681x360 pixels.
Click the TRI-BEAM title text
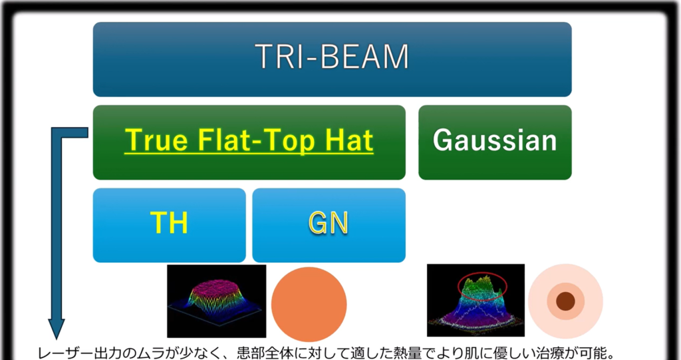(x=332, y=56)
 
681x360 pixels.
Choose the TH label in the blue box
(x=169, y=223)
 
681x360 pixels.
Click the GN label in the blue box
(x=329, y=223)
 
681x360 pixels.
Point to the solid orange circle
(x=309, y=304)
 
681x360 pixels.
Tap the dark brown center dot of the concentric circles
(x=565, y=301)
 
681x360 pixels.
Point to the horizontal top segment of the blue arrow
(x=70, y=132)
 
